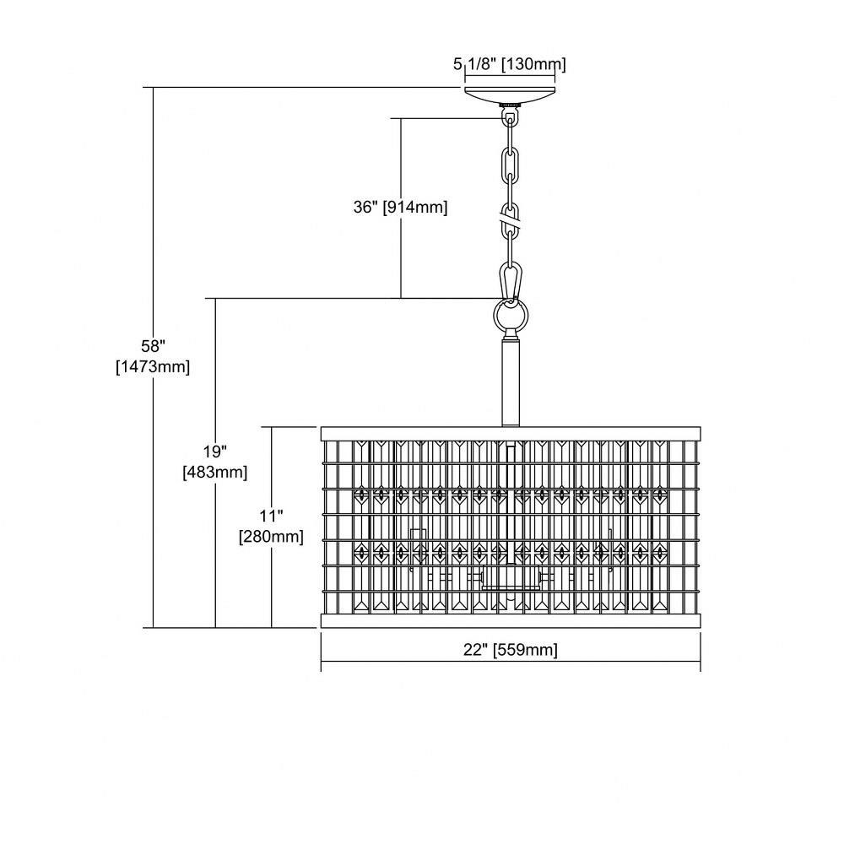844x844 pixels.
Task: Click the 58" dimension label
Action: (153, 345)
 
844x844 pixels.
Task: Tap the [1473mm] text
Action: (153, 367)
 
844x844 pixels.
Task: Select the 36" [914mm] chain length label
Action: (400, 208)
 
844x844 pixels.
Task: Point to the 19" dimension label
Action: (215, 451)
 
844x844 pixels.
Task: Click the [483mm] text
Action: (215, 473)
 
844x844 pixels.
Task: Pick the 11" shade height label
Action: (271, 517)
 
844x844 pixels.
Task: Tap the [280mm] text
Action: (271, 537)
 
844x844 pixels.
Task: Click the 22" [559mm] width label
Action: (511, 650)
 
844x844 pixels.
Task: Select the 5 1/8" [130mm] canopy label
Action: (509, 65)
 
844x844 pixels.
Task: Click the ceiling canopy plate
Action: (510, 95)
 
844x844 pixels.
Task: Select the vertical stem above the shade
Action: (510, 381)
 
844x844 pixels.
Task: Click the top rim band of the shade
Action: (511, 433)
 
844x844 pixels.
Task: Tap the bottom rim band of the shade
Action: (511, 620)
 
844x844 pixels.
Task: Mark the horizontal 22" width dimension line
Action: (511, 662)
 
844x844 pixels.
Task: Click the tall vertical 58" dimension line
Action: (154, 357)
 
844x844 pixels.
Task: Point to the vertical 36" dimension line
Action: (401, 208)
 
